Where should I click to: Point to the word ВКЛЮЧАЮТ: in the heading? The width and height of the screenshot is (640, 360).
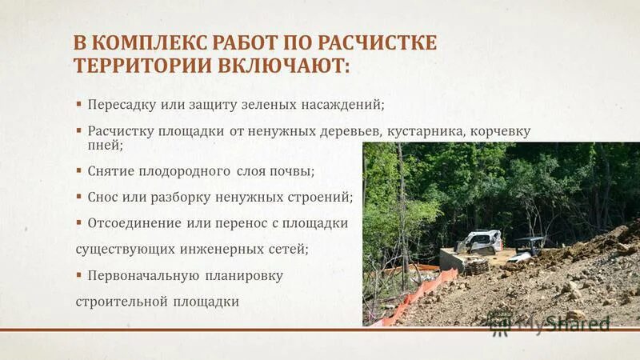(x=284, y=65)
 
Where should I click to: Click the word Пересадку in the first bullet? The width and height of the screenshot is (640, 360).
(x=122, y=105)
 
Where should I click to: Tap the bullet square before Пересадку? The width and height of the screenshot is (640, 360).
(x=79, y=104)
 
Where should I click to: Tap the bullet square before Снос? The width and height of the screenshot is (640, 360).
(x=79, y=195)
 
